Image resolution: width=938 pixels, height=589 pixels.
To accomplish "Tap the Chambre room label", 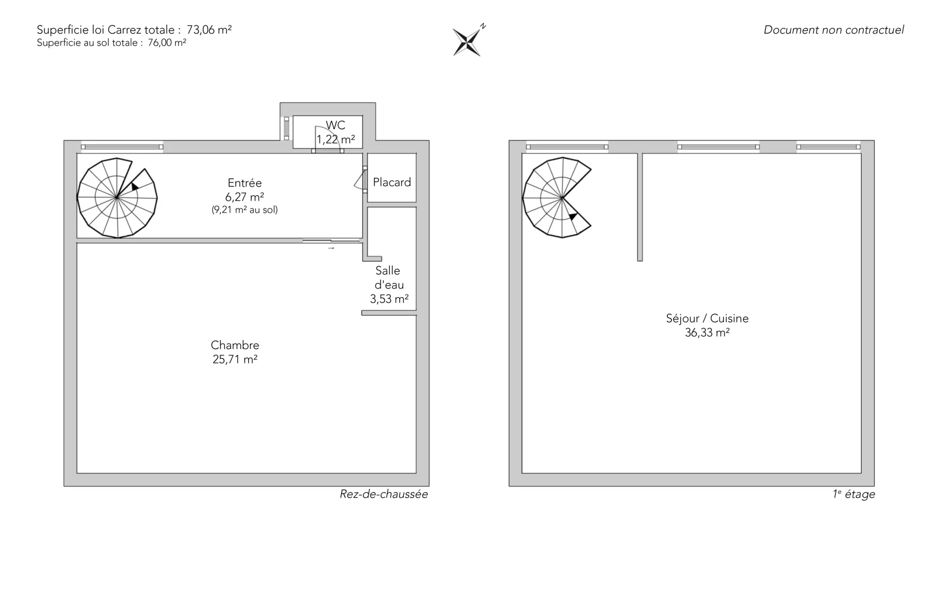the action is (x=235, y=345).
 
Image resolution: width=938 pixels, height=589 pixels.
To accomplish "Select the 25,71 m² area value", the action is (x=235, y=359).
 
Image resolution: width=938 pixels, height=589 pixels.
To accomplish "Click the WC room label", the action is (x=336, y=125).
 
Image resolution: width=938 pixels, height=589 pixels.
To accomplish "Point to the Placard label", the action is (x=392, y=182).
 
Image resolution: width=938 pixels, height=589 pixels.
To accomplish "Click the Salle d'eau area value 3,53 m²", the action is (x=389, y=299).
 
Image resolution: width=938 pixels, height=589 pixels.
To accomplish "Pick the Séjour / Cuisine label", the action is (x=707, y=318).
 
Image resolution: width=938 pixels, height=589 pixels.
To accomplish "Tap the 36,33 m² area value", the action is (x=707, y=333).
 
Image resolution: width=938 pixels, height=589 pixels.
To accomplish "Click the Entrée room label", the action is (x=245, y=183).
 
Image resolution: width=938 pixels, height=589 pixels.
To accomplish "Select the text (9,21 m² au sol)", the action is (x=245, y=210).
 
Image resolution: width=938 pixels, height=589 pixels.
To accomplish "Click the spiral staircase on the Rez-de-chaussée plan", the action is (x=117, y=198).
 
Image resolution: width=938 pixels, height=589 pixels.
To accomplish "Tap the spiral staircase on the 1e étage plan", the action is (x=557, y=198).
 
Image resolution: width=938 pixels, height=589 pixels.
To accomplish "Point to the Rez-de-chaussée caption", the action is (x=384, y=494).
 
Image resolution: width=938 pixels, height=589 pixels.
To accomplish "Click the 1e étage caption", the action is (x=854, y=494).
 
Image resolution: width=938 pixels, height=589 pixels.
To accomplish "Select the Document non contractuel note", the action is (x=833, y=30).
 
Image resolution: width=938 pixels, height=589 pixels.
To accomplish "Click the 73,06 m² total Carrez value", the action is (x=209, y=29).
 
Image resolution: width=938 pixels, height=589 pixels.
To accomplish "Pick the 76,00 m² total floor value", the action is (x=167, y=42).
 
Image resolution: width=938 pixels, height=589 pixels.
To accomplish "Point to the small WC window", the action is (x=287, y=128).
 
